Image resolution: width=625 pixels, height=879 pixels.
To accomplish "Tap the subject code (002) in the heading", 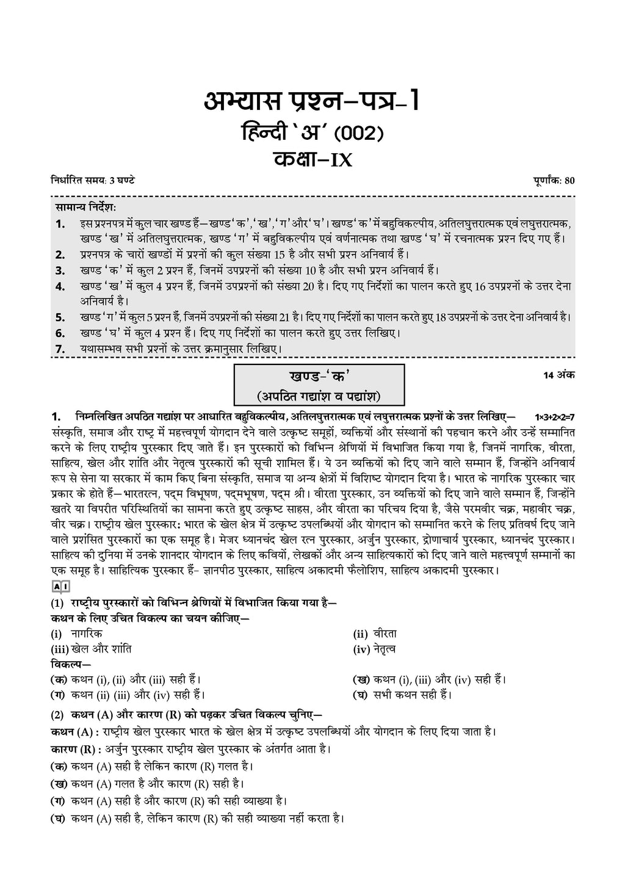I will click(352, 132).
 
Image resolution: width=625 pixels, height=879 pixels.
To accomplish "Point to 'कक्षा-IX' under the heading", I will click(311, 159).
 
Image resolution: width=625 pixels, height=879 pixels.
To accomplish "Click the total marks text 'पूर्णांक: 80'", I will click(552, 180).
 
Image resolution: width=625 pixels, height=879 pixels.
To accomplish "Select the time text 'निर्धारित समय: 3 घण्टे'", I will click(93, 180).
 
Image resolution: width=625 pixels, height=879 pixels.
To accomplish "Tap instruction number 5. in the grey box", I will click(60, 317).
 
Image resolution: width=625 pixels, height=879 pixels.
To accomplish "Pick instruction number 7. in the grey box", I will click(60, 349).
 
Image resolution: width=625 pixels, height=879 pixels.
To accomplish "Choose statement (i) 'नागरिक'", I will click(86, 634).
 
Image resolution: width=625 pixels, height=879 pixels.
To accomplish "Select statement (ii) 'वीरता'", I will click(385, 634).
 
